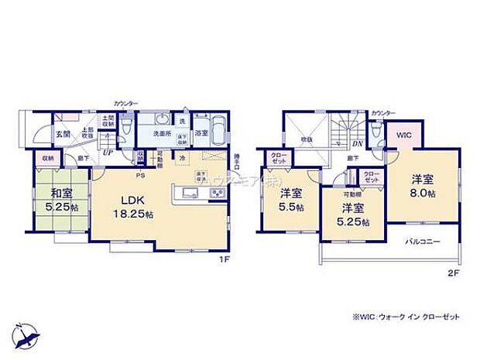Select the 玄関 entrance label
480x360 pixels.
[63, 134]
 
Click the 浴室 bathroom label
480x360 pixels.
[201, 134]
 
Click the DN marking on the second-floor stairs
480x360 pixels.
[357, 144]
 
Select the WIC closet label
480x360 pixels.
[405, 133]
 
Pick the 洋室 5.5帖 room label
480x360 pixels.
[292, 199]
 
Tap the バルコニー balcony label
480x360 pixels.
[423, 242]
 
